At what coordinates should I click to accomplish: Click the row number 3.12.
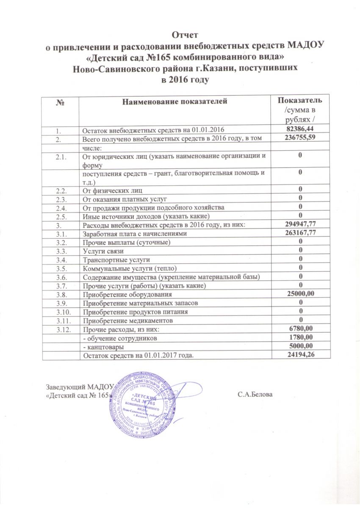60,329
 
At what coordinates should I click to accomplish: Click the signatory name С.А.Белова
255,395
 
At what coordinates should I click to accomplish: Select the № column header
61,101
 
